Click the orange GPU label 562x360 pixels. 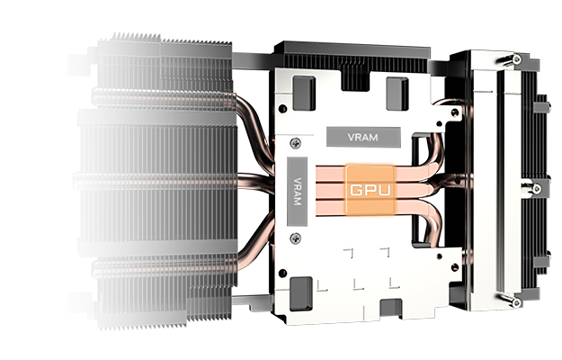coord(370,189)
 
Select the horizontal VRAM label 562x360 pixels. coord(363,137)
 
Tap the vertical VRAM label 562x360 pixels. coord(297,192)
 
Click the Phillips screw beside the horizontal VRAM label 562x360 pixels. coord(295,143)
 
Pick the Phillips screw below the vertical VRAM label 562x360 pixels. coord(295,238)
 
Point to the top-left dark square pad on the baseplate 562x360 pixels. coord(304,93)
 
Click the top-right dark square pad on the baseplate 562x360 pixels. coord(397,94)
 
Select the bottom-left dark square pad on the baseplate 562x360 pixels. coord(300,294)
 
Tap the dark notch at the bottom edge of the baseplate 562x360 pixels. coord(390,309)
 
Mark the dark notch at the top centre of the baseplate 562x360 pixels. coord(355,80)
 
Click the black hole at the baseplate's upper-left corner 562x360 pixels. coord(282,108)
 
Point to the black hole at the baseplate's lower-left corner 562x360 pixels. coord(282,274)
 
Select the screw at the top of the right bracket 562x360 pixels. coord(516,58)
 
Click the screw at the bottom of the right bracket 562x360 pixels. coord(516,302)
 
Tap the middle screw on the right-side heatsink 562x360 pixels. coord(537,188)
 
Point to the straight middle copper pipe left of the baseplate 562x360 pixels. coord(255,181)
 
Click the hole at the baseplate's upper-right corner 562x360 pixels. coord(455,112)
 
